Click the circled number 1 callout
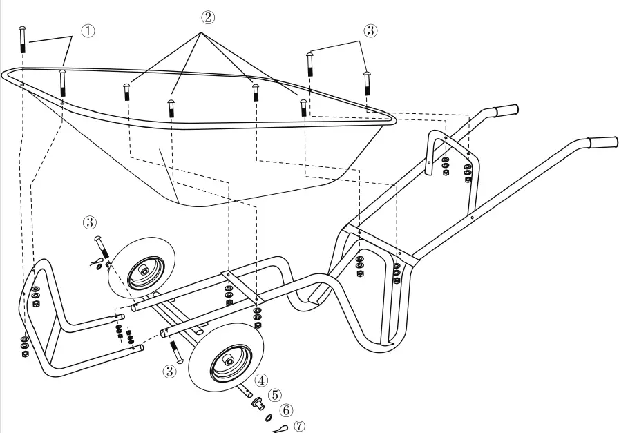coord(88,31)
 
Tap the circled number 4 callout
coord(261,380)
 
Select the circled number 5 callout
coord(275,395)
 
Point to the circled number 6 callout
coord(287,411)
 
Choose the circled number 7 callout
coord(299,426)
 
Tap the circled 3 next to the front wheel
coord(169,371)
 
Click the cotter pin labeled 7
coord(280,429)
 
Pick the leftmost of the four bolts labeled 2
coord(127,92)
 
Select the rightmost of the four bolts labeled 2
coord(303,108)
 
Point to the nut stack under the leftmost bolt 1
coord(26,346)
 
